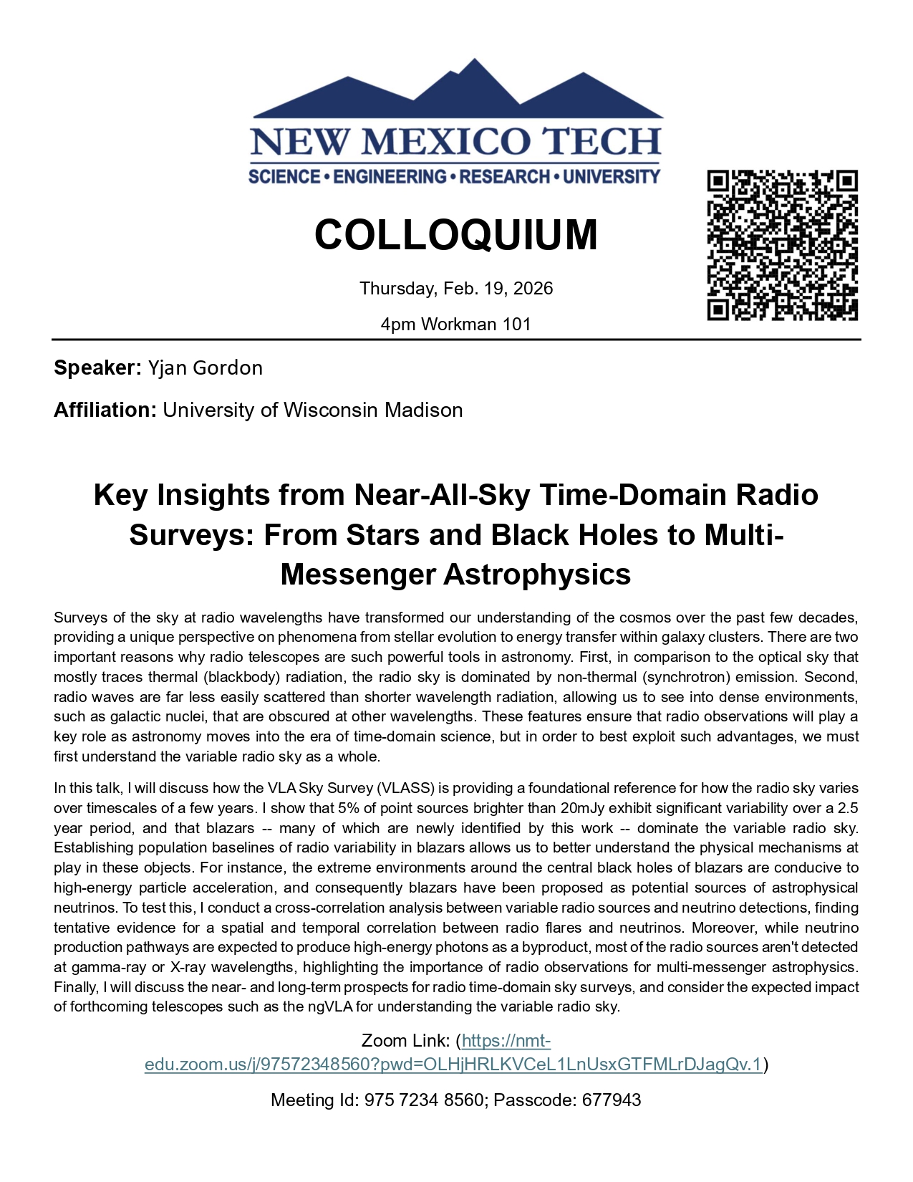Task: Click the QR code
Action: click(782, 245)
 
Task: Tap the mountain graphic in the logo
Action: click(458, 93)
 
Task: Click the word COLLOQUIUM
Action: click(456, 235)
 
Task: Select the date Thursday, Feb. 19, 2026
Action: click(456, 289)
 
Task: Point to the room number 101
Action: click(516, 325)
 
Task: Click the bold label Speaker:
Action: click(98, 368)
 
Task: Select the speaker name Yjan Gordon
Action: click(206, 368)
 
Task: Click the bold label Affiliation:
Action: click(105, 410)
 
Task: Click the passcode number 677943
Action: click(612, 1100)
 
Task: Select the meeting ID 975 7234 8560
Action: click(424, 1100)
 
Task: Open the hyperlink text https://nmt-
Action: click(506, 1041)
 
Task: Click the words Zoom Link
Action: click(405, 1041)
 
